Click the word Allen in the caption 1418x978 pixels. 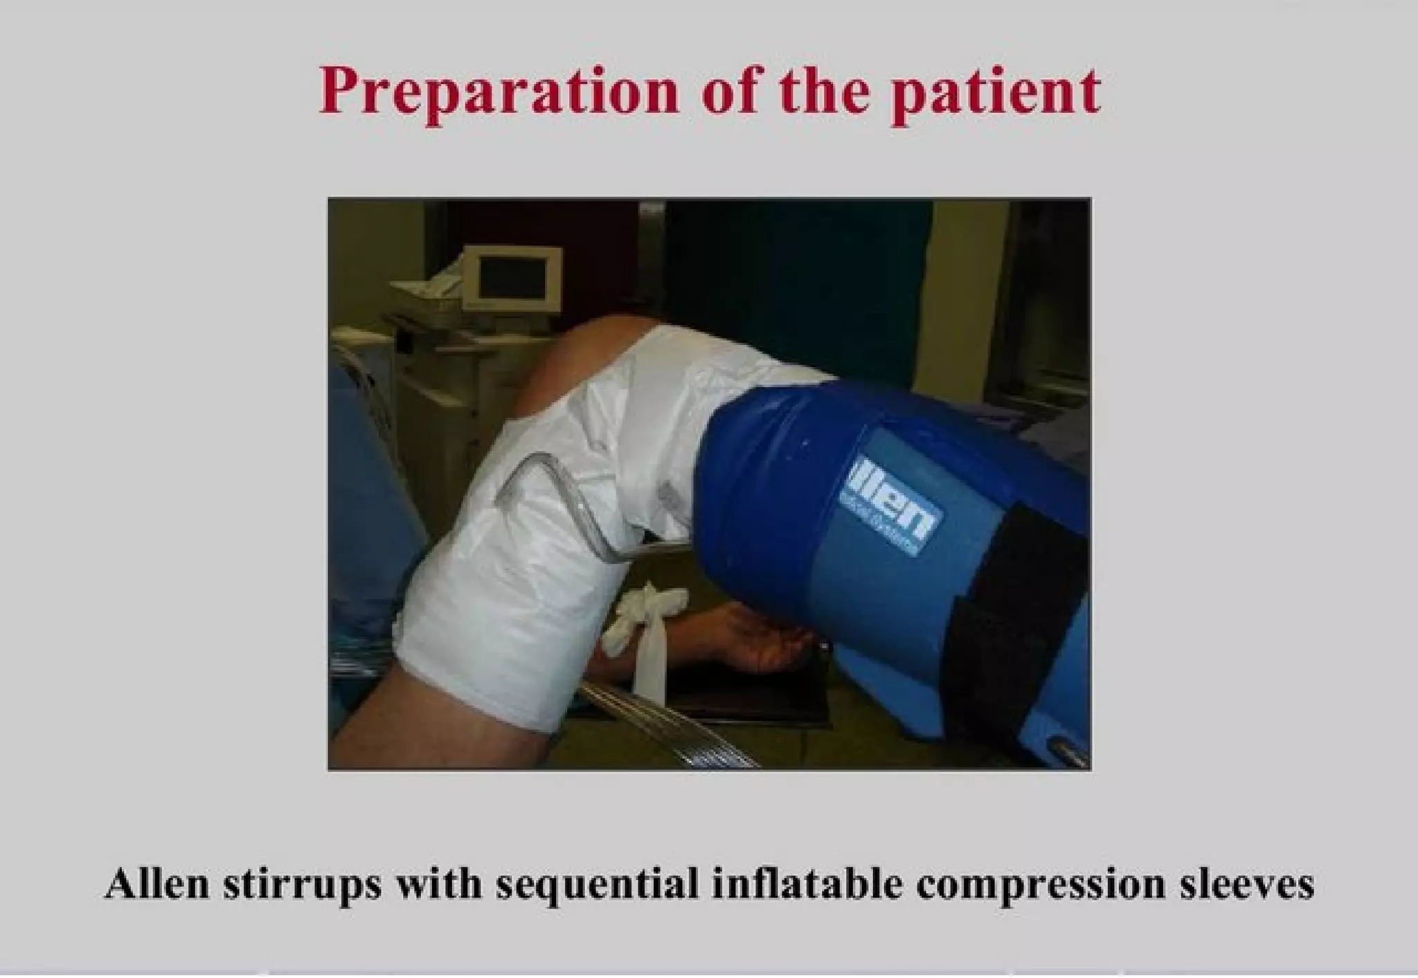tap(156, 884)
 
